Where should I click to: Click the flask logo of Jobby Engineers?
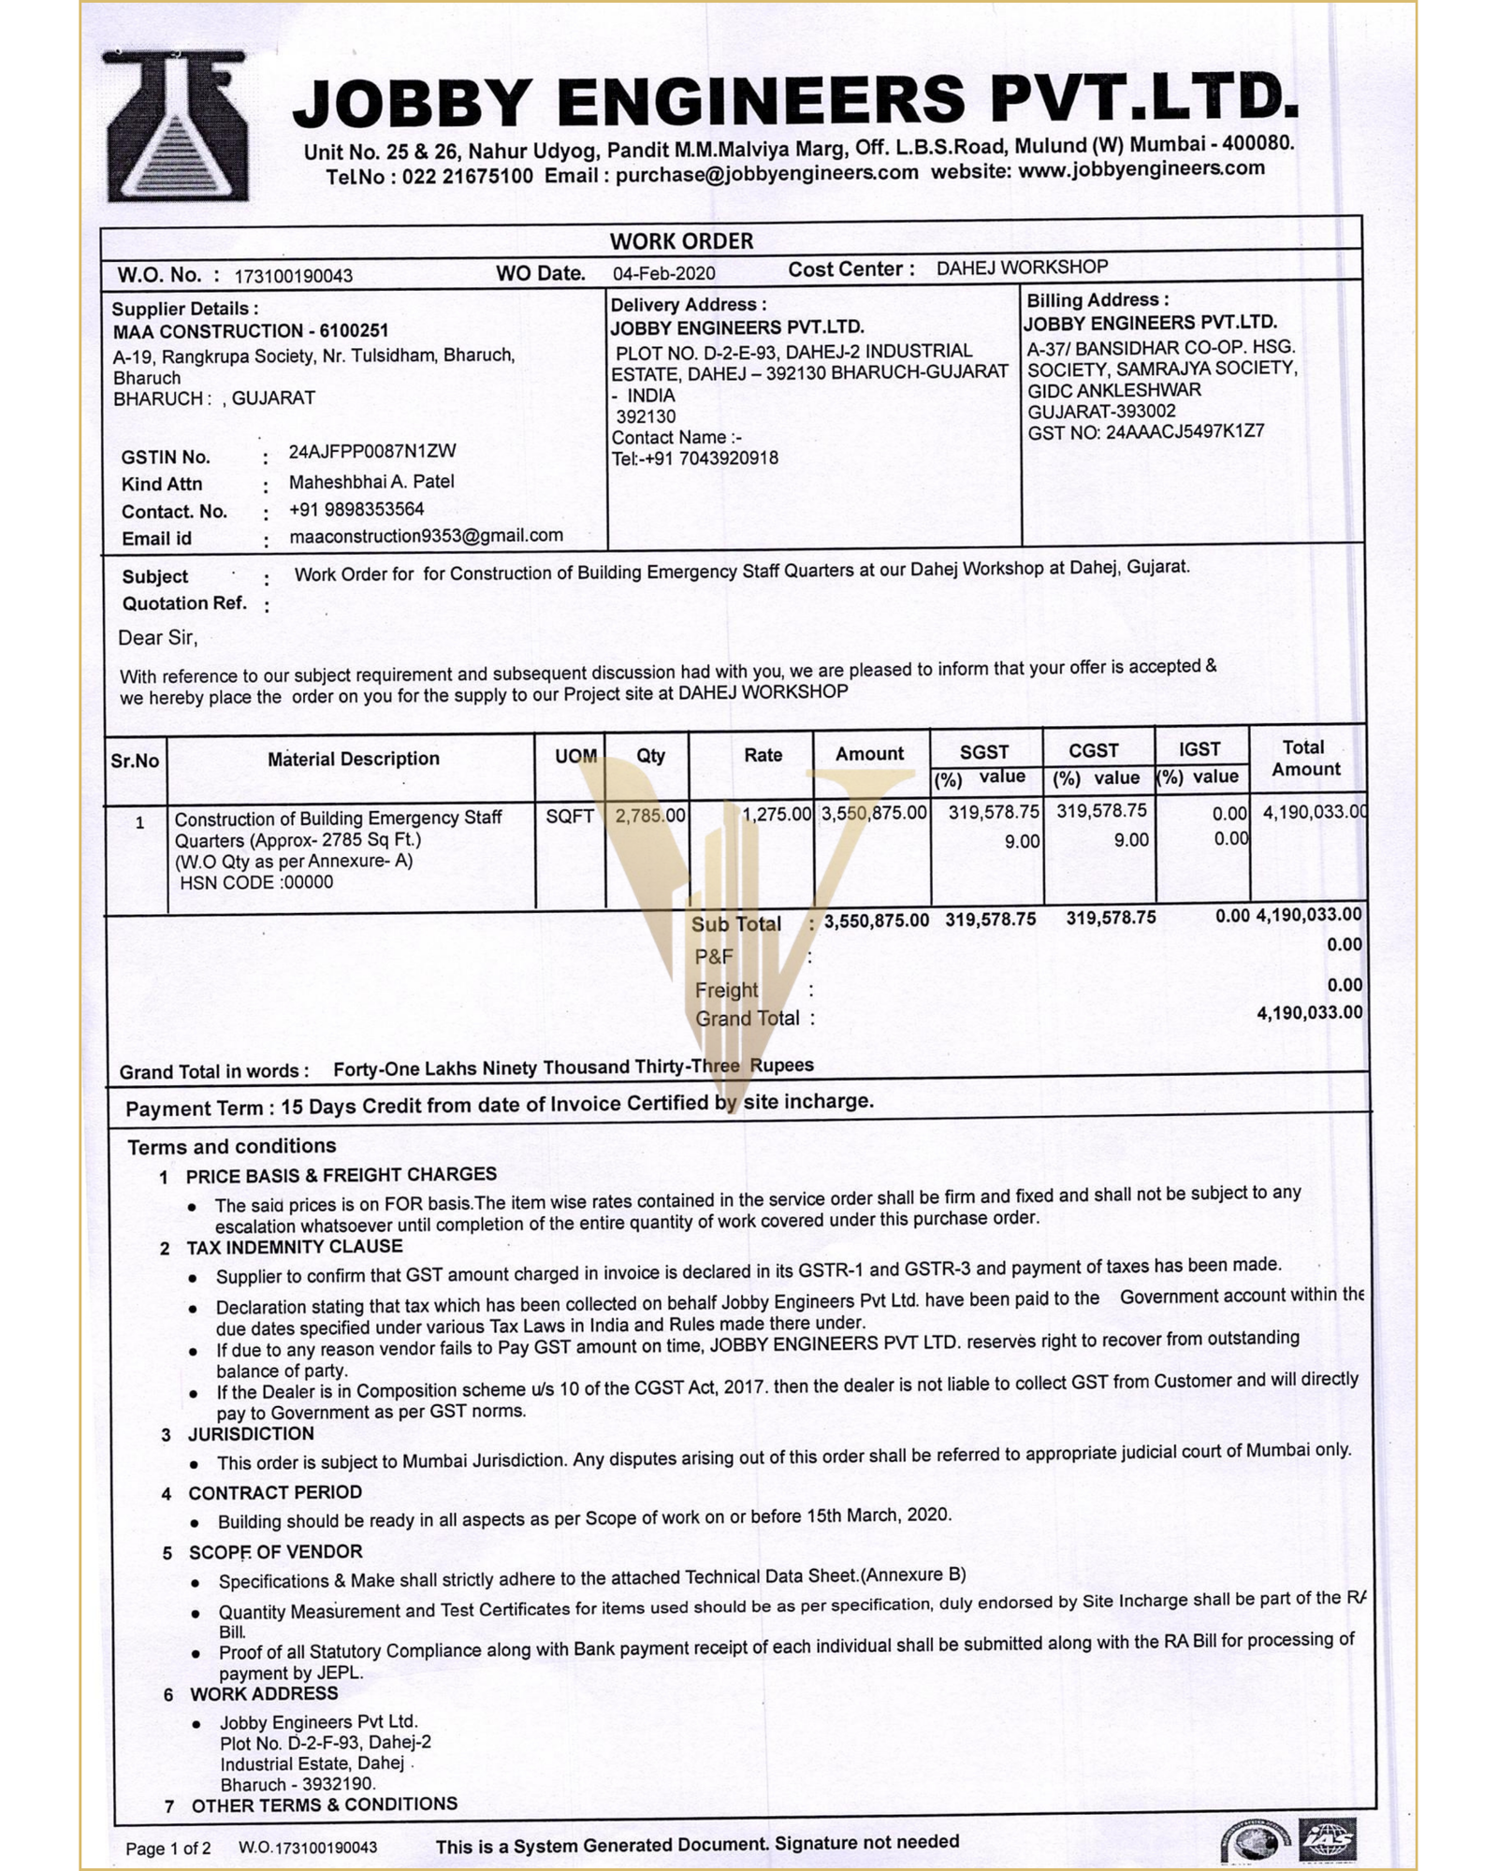[x=177, y=126]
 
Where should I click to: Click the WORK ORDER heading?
[x=681, y=241]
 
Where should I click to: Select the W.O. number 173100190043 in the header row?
[x=294, y=276]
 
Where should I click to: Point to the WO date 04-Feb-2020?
[x=664, y=273]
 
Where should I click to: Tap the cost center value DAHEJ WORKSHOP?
[x=1022, y=268]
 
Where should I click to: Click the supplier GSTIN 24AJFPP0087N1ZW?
[x=372, y=451]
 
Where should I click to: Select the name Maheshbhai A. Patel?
[x=371, y=482]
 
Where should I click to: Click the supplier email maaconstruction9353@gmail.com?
[x=426, y=536]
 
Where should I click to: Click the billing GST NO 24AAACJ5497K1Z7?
[x=1146, y=432]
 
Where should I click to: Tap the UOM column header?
[x=575, y=756]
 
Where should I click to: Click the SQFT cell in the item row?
[x=570, y=817]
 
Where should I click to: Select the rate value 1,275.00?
[x=777, y=814]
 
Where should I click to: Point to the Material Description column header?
[x=353, y=759]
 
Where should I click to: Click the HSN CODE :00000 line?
[x=255, y=882]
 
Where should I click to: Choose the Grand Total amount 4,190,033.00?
[x=1309, y=1012]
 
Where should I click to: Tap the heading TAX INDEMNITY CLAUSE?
[x=295, y=1247]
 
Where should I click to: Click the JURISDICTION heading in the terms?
[x=251, y=1434]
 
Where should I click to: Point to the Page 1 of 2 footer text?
[x=168, y=1848]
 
